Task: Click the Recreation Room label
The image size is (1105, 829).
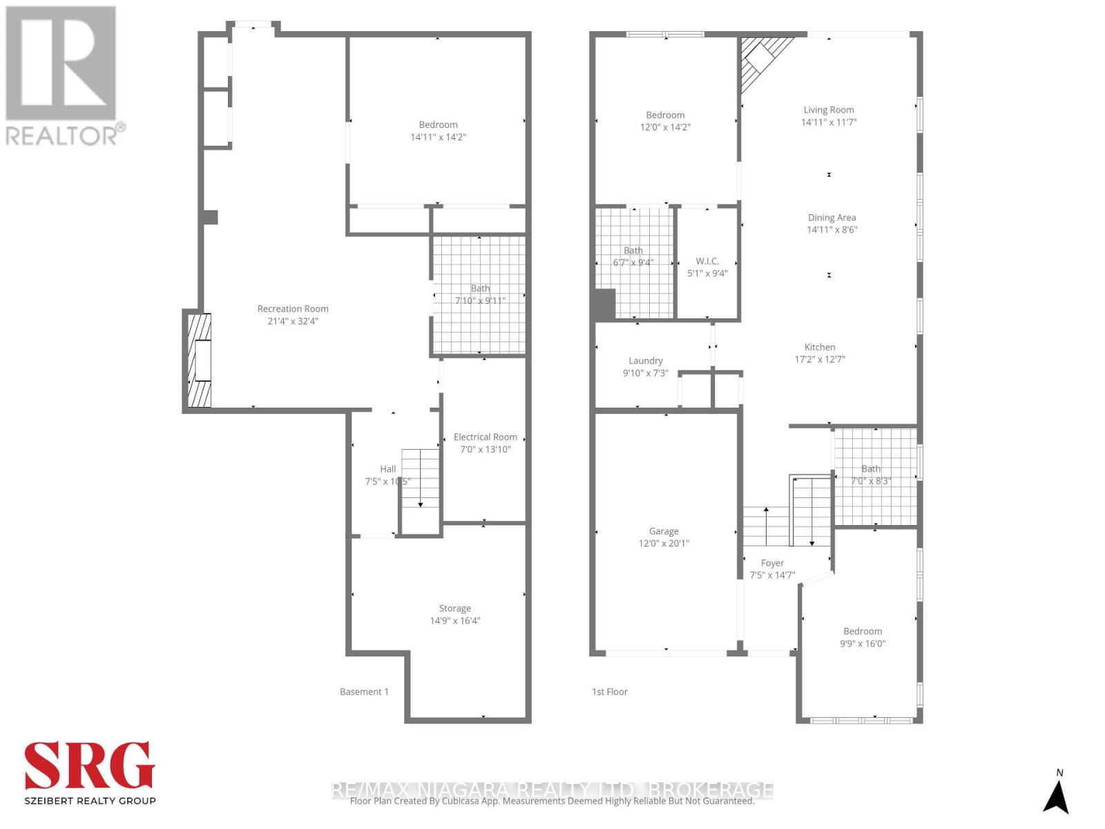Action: tap(293, 309)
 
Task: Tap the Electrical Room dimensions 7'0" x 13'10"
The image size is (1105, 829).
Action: tap(486, 449)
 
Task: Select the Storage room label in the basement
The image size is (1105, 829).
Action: tap(454, 609)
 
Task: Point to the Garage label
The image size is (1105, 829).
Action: tap(664, 531)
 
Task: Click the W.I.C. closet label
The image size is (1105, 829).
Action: tap(707, 261)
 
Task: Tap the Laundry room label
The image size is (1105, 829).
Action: tap(645, 361)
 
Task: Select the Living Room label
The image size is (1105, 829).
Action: tap(828, 110)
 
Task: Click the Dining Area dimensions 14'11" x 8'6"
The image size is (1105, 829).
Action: tap(832, 229)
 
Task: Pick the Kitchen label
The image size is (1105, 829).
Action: tap(820, 347)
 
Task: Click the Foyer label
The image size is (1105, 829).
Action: tap(772, 563)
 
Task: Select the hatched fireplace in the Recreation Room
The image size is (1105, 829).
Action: tap(199, 361)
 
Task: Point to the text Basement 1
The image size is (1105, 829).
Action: tap(364, 692)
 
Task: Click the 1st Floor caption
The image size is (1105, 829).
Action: tap(609, 692)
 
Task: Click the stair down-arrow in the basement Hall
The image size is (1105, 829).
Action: tap(421, 504)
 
